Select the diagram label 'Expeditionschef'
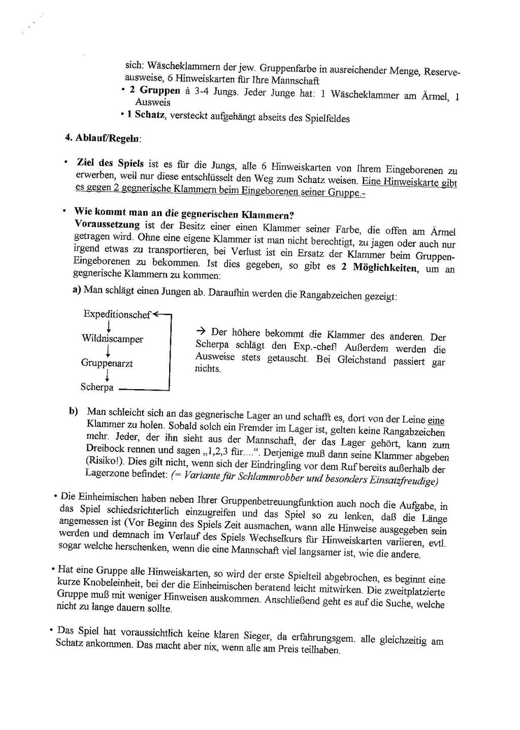click(117, 315)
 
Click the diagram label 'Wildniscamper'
click(112, 339)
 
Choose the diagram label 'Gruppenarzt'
click(107, 363)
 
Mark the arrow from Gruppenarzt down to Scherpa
click(108, 375)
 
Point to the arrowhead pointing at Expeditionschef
click(156, 315)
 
